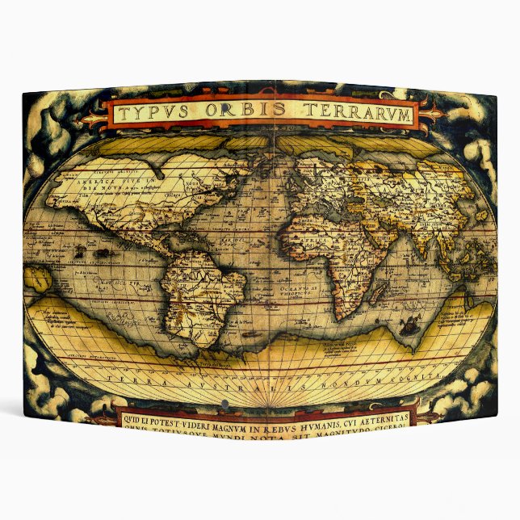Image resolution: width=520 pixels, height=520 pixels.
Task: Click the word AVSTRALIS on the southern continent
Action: click(x=233, y=386)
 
